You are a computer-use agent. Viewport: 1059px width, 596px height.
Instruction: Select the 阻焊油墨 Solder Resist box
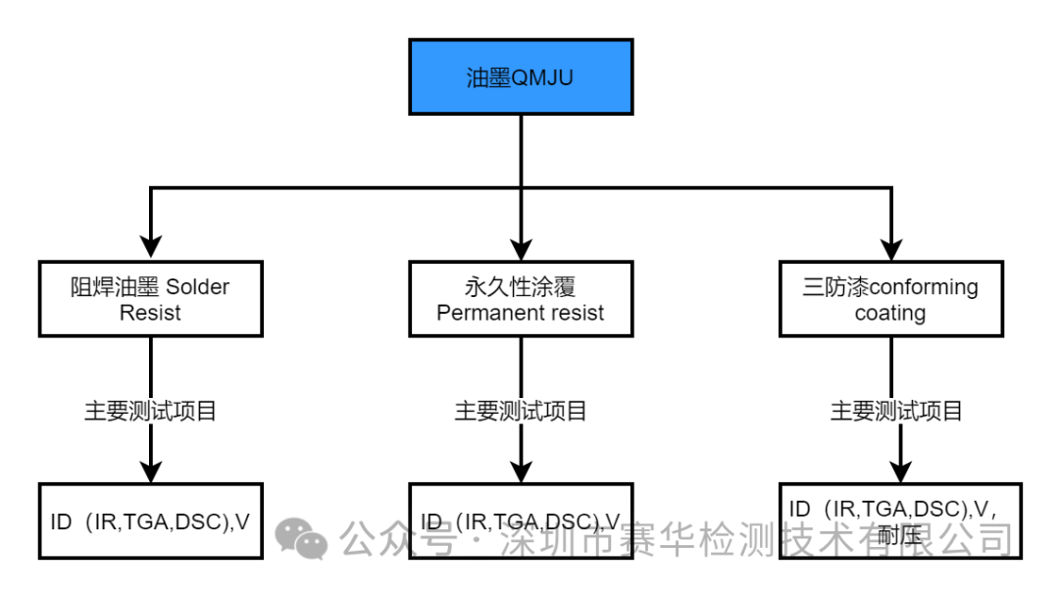150,299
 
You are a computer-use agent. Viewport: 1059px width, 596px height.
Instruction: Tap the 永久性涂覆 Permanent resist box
520,299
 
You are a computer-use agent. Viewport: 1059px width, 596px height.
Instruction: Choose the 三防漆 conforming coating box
890,299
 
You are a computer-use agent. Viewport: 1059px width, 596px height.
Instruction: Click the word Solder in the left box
197,287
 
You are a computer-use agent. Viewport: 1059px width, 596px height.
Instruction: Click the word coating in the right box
890,314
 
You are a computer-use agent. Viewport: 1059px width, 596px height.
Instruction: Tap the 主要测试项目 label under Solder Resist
150,411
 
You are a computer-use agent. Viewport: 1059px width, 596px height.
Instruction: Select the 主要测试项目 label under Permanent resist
520,411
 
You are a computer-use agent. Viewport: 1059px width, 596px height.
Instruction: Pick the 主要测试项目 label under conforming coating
896,411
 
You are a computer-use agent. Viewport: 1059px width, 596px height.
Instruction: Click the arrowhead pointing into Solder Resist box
150,249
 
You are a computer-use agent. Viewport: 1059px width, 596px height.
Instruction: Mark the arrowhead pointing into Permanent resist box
520,249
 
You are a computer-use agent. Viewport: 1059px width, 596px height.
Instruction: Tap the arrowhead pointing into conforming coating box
890,249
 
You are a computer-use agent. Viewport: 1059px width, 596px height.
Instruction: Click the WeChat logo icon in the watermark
301,538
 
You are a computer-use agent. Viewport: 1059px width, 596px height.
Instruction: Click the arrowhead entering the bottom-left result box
150,471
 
